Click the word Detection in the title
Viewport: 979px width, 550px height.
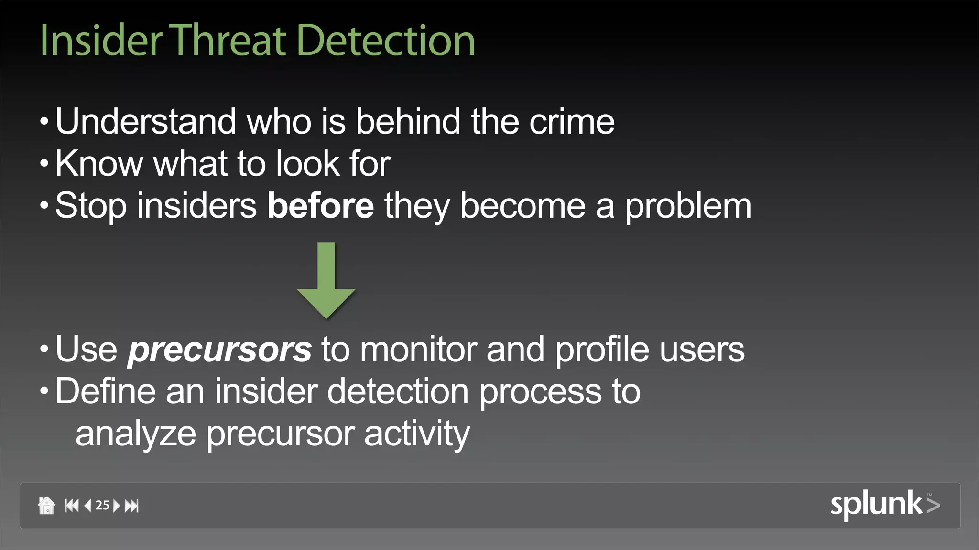[x=385, y=41]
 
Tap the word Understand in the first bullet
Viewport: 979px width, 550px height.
[x=145, y=121]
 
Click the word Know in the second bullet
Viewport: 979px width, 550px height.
[x=99, y=164]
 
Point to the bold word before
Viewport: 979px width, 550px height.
[x=320, y=206]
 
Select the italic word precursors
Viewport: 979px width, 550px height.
[x=219, y=350]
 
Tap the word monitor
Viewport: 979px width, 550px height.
[x=418, y=349]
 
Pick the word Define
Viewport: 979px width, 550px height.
[x=105, y=391]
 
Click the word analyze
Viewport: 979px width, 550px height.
[x=136, y=434]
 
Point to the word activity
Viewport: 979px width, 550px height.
[x=417, y=434]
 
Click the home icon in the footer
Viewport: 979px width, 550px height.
[x=46, y=505]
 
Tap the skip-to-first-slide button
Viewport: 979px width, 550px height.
[x=72, y=505]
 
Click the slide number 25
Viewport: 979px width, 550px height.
[x=102, y=505]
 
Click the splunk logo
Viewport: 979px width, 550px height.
[x=884, y=505]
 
